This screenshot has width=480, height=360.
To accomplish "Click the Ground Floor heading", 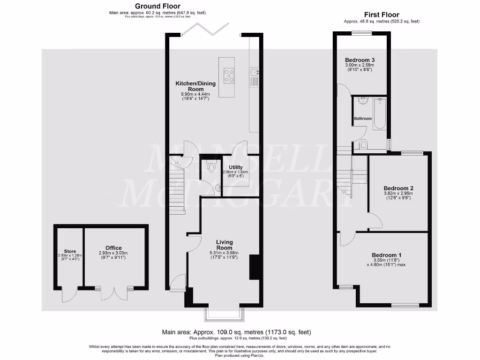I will click(x=157, y=6).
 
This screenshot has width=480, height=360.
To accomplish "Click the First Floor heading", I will click(x=382, y=15).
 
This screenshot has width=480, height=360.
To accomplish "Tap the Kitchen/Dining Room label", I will click(x=195, y=86).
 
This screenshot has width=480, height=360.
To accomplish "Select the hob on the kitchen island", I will click(x=229, y=75).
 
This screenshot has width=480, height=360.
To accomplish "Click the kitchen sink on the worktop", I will click(x=255, y=72).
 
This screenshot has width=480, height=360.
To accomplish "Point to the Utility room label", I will click(x=235, y=167).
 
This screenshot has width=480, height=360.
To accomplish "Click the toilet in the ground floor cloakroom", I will click(x=211, y=166).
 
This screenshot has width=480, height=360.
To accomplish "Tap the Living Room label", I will click(x=224, y=245).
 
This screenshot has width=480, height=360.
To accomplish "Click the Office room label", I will click(x=113, y=248).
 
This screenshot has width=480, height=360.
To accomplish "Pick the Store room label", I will click(x=70, y=252).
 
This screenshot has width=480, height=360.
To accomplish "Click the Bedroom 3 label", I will click(x=360, y=60).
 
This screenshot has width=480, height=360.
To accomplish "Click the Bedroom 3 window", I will click(x=361, y=33).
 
